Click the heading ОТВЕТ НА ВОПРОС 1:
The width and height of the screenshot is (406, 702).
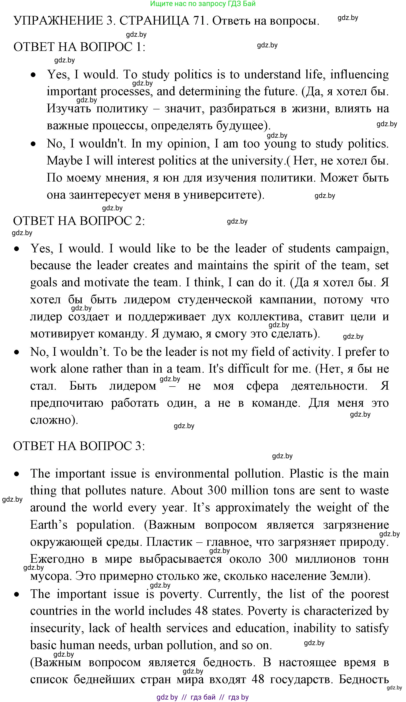coord(79,47)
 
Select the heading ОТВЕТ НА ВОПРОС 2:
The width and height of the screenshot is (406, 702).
coord(79,221)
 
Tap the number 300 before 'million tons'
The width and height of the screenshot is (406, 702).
coord(217,490)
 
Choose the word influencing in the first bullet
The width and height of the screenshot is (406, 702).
coord(359,74)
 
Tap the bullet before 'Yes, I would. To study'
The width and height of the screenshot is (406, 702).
coord(33,75)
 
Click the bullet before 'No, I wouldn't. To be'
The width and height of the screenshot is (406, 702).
coord(17,352)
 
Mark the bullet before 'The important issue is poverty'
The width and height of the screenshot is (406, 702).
coord(17,594)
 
